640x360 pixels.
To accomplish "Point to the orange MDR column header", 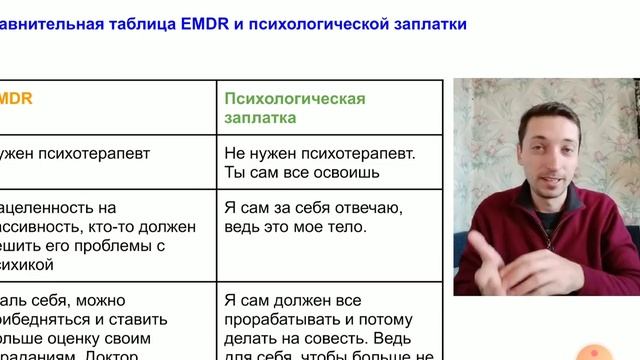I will coord(17,98).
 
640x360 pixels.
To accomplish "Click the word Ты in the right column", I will coord(235,172).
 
